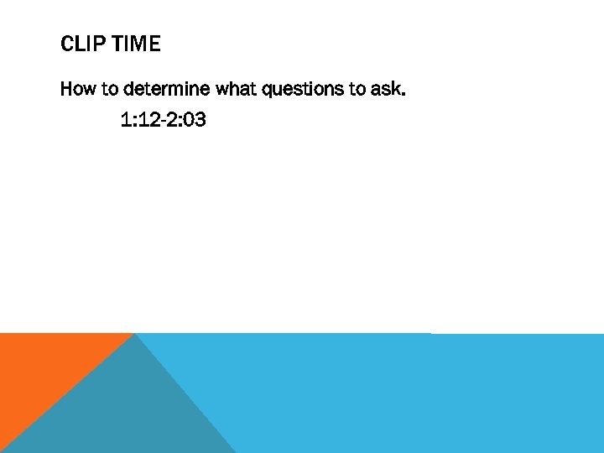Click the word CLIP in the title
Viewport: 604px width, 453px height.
coord(81,44)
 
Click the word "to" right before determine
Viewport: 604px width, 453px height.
coord(110,89)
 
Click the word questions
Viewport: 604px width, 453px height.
coord(303,90)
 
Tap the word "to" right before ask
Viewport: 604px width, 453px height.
coord(358,89)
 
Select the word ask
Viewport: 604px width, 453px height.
coord(387,89)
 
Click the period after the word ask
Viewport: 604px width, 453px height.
coord(404,94)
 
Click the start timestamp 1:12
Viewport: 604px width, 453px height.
coord(138,121)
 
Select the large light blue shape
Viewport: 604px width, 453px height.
coord(403,394)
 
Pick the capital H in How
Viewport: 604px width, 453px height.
coord(66,89)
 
